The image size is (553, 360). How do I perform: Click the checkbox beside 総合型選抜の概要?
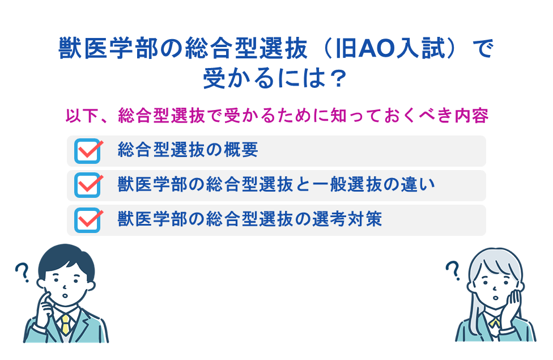(87, 151)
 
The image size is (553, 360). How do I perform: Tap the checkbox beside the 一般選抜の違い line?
(87, 185)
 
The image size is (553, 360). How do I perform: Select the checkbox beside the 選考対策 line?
(87, 220)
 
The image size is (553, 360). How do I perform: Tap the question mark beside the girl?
(453, 270)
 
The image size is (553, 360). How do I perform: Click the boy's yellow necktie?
(66, 325)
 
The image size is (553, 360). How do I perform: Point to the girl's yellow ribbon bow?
(494, 322)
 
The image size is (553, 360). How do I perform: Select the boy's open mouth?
(65, 295)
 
